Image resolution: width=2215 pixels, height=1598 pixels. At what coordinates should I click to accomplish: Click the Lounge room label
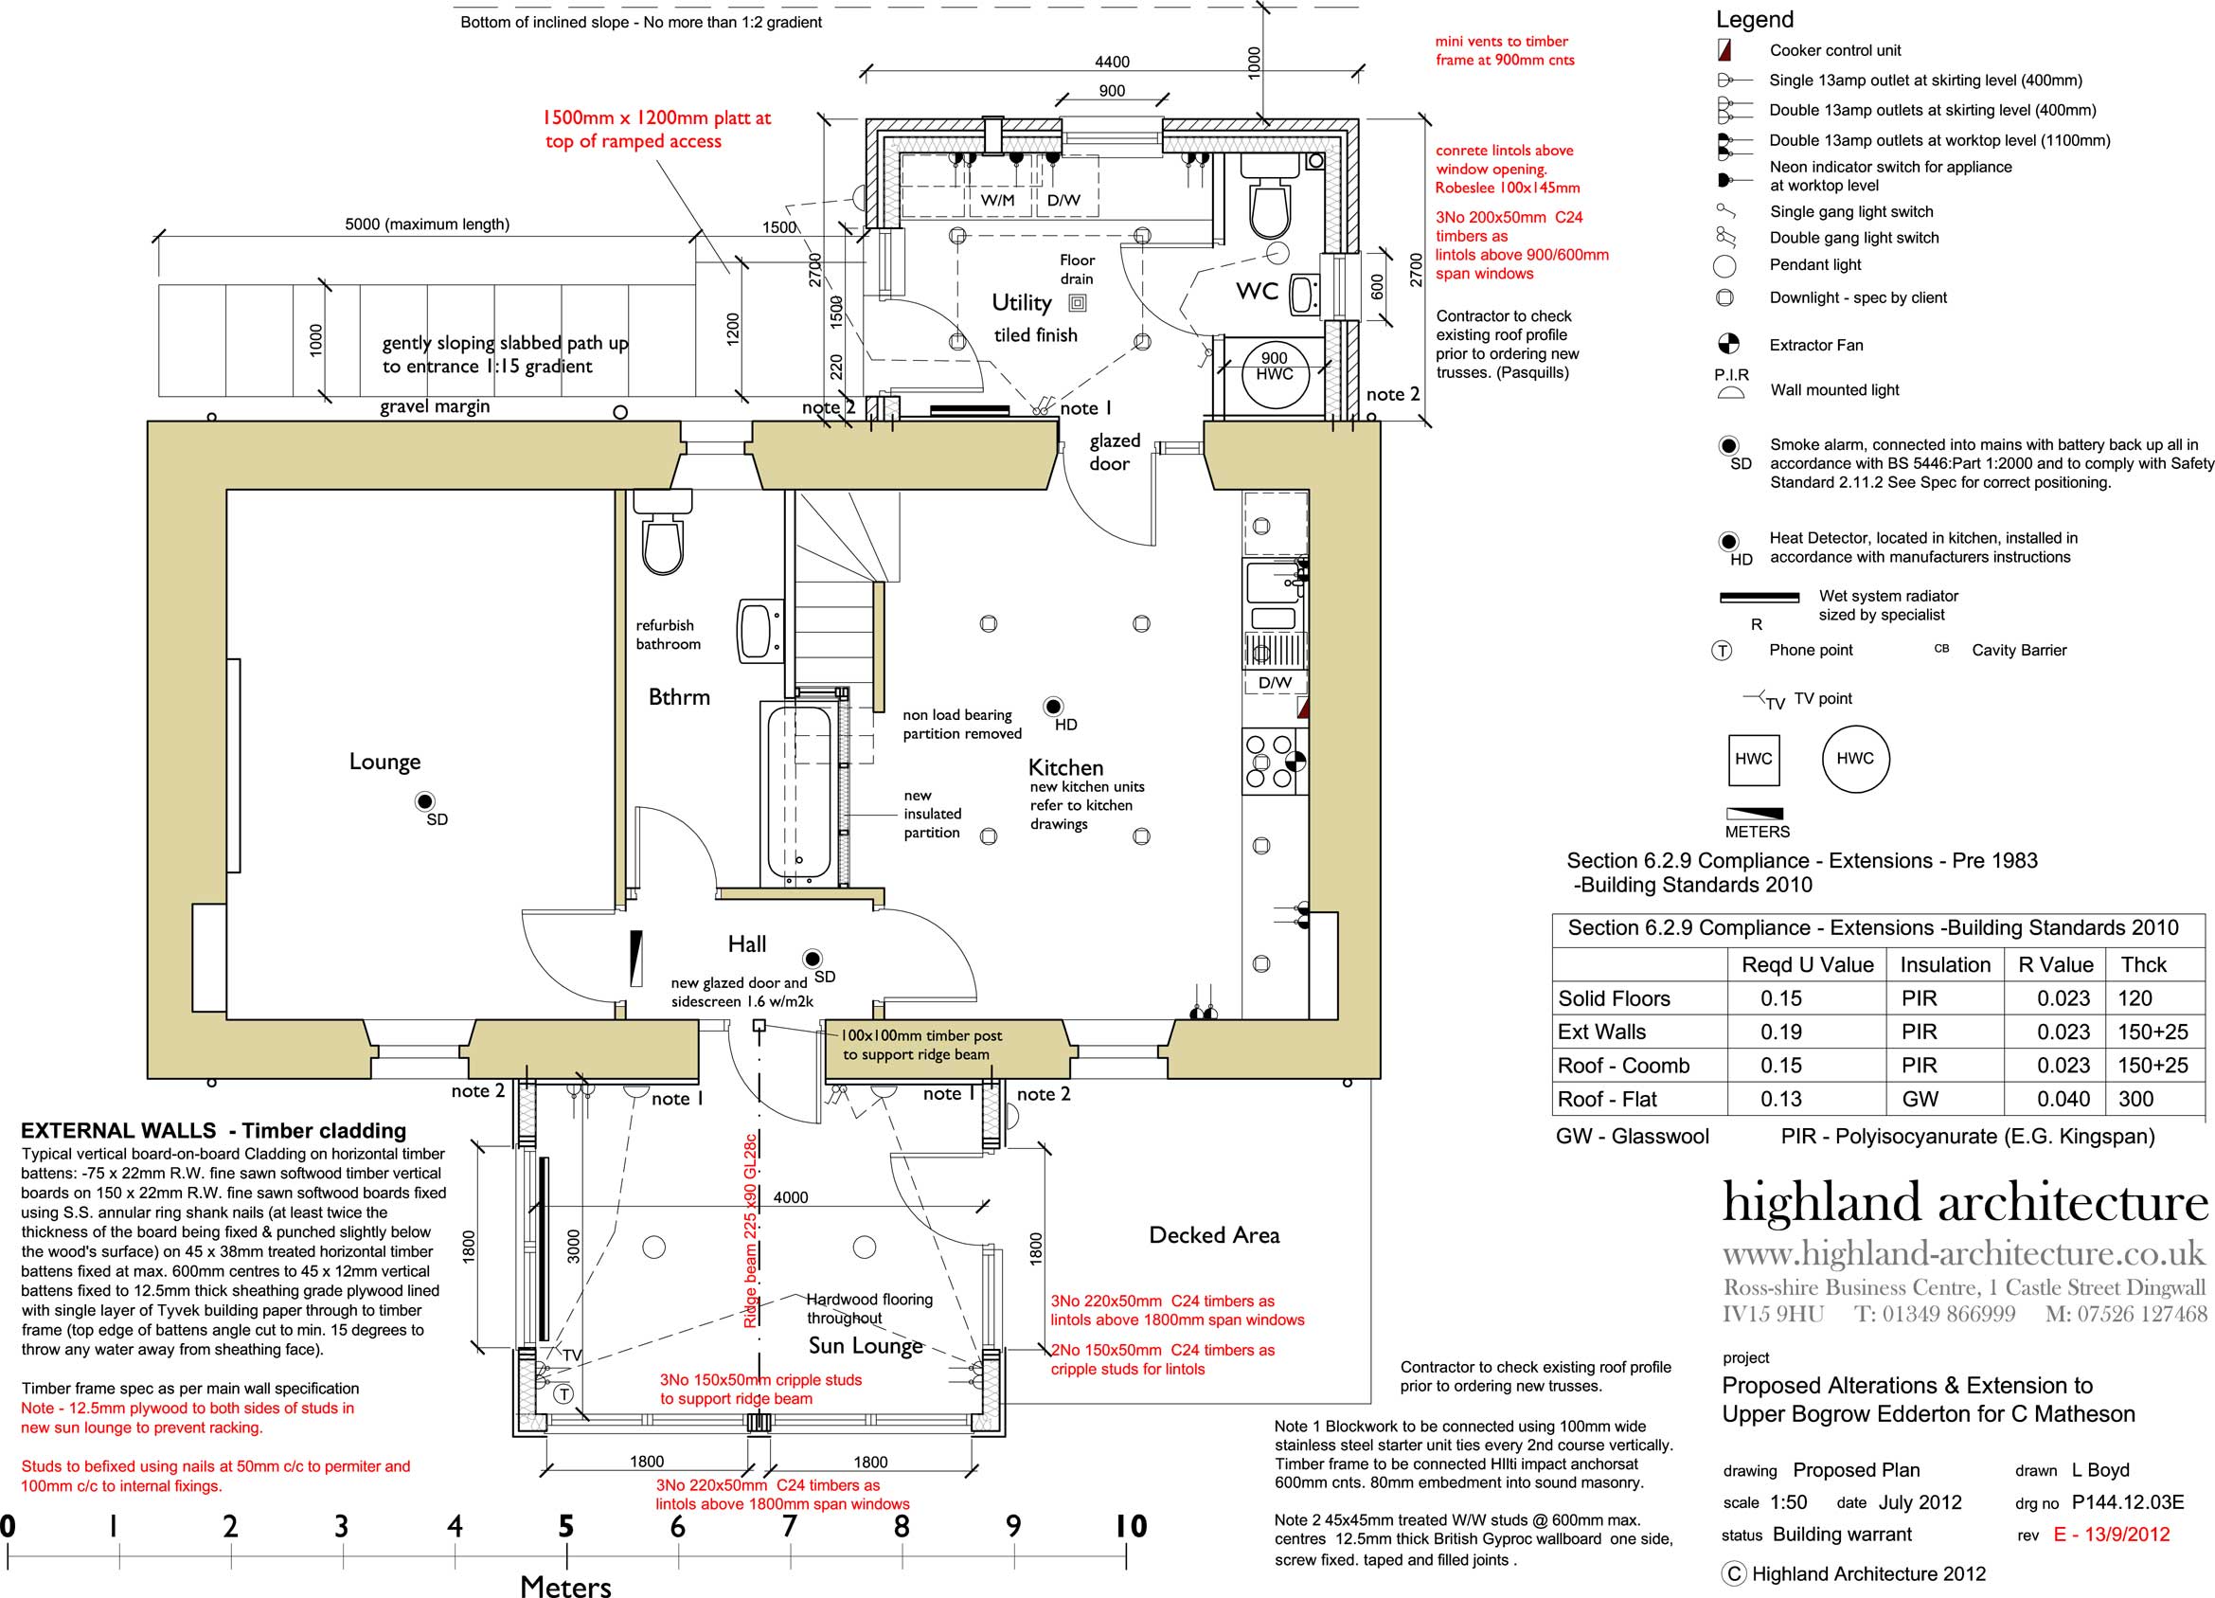(384, 762)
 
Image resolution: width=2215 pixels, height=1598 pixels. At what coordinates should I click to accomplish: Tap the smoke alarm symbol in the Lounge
(424, 802)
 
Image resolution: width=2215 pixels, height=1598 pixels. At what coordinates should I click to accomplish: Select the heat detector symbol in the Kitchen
(1053, 706)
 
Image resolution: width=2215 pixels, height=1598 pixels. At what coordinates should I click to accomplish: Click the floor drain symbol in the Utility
(1078, 303)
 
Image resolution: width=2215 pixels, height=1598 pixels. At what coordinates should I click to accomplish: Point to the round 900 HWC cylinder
(1275, 372)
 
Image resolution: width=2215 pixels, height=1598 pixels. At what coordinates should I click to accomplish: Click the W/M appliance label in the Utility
(997, 200)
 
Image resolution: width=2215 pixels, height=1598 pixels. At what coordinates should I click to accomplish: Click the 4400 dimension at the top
(1112, 63)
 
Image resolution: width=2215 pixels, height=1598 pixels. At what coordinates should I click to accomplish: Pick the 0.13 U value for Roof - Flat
(1780, 1099)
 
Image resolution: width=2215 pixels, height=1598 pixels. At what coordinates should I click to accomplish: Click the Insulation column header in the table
(1944, 965)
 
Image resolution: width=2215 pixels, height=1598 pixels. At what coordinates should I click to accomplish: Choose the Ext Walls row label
(1601, 1032)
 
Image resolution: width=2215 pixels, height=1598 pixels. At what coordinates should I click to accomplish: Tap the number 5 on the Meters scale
(565, 1526)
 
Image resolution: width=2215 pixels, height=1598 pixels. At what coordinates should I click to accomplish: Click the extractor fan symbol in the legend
(1727, 344)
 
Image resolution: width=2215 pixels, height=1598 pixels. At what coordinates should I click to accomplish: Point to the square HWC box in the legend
(1753, 759)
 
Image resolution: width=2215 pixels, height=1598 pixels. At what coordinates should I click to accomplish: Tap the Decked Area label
(1214, 1235)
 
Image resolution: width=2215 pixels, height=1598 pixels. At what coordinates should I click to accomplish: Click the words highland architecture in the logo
(1964, 1202)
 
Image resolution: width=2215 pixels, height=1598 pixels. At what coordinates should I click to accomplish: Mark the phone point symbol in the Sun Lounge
(563, 1393)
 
